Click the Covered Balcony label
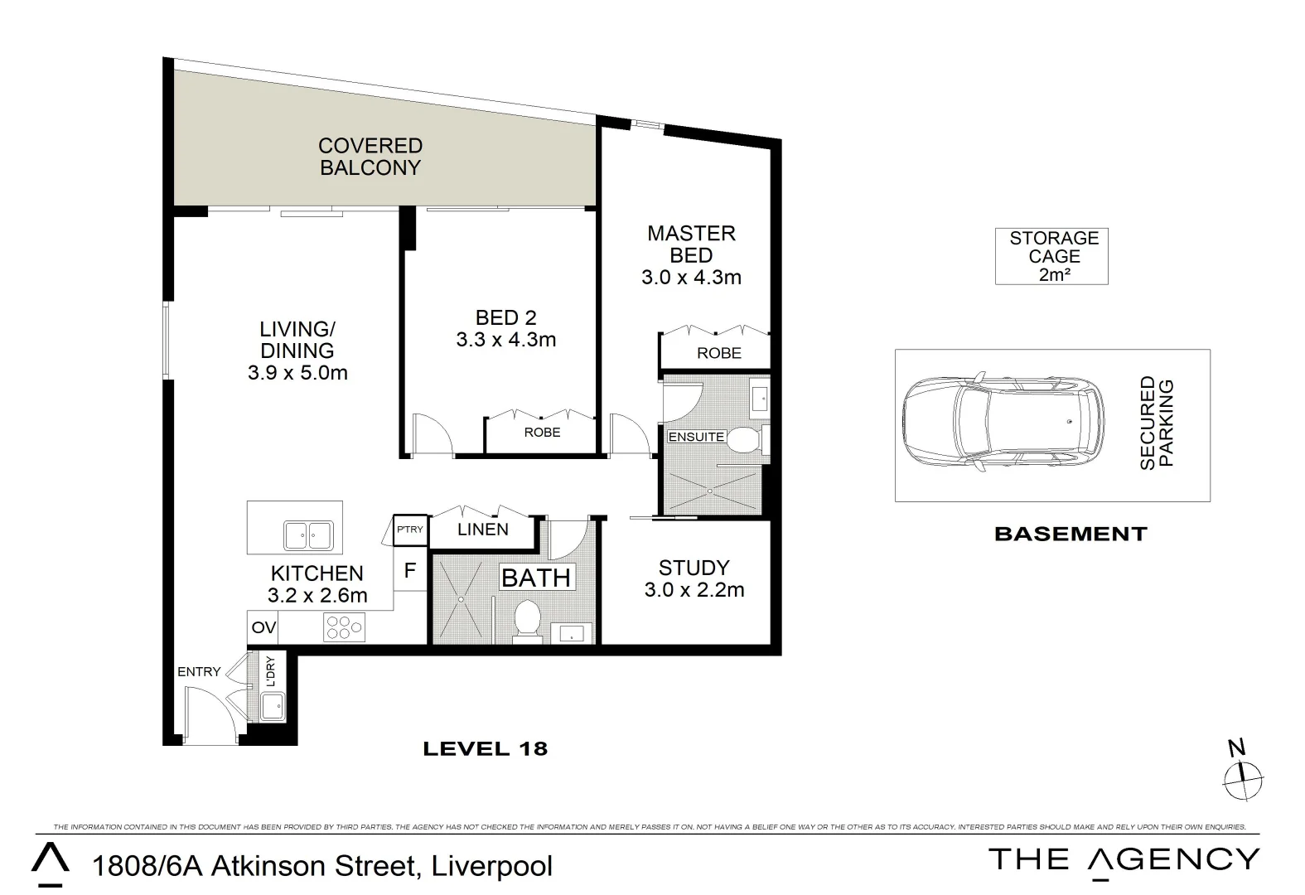pos(370,157)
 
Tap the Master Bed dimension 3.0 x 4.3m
pos(691,278)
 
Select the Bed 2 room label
pos(505,317)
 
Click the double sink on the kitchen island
pos(307,535)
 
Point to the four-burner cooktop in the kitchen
pos(343,627)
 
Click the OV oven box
pos(263,628)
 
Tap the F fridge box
pos(409,570)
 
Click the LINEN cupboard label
pos(483,530)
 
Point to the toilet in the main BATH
pos(527,621)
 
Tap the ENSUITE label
pos(696,437)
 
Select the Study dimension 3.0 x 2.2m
pos(694,590)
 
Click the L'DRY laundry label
pos(269,671)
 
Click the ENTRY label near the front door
pos(199,672)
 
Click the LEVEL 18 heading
pos(485,749)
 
